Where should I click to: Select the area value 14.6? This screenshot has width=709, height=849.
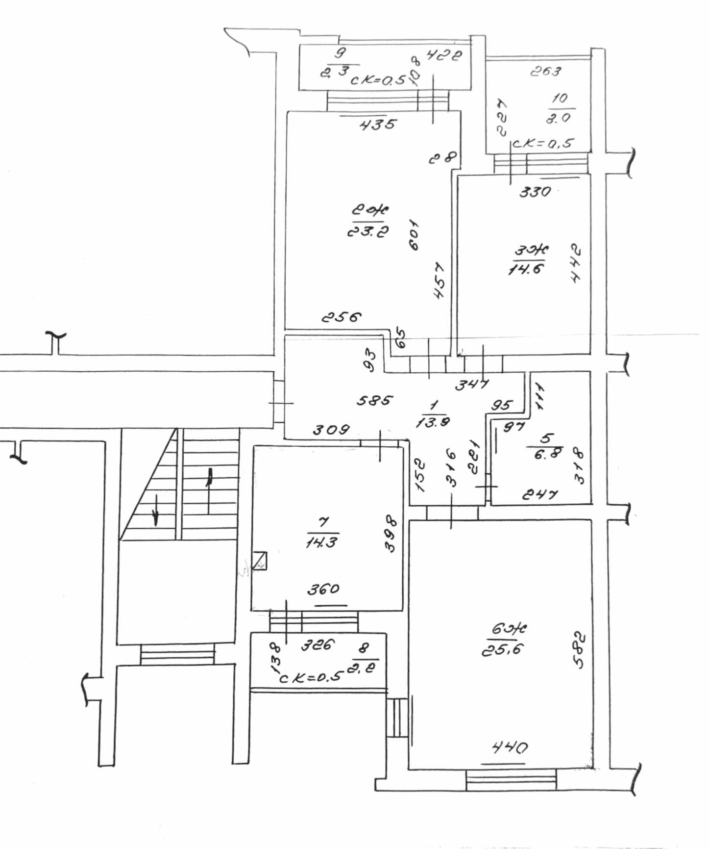point(527,269)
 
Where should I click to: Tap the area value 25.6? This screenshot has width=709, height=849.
point(503,650)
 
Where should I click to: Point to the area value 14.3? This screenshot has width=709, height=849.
point(321,542)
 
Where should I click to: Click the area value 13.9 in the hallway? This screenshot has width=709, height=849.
point(433,421)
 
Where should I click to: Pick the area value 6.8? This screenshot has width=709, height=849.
point(548,454)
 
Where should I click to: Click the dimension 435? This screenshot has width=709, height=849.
point(377,125)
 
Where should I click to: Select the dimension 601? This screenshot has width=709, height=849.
point(414,235)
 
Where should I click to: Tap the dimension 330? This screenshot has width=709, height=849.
point(535,191)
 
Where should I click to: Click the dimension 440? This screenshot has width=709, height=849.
point(510,747)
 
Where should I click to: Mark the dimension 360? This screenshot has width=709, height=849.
point(323,589)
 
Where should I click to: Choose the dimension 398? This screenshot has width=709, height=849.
point(391,533)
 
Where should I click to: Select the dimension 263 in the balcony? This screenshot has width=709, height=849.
point(545,72)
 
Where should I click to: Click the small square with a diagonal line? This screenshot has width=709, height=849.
point(259,561)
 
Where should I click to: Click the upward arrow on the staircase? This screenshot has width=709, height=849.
point(210,481)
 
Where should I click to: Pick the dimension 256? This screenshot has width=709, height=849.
point(342,317)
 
